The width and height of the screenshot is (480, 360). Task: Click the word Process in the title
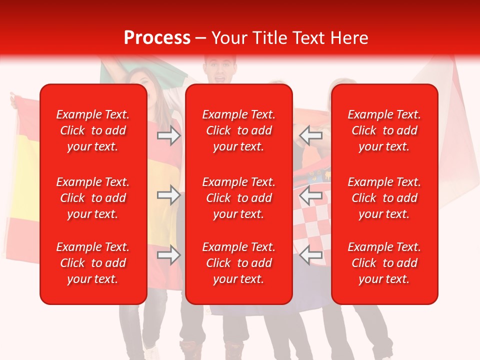coord(157,38)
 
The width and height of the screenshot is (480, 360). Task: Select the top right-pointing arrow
coord(169,135)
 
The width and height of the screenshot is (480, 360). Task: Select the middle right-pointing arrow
coord(169,195)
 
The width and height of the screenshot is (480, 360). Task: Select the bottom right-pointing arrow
coord(169,255)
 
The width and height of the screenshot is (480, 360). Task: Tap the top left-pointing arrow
coord(311,135)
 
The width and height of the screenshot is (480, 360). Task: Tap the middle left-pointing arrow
coord(311,195)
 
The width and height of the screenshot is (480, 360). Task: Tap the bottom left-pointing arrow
coord(311,255)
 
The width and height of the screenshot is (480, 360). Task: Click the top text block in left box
coord(93,130)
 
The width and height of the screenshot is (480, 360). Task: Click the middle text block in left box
coord(93,198)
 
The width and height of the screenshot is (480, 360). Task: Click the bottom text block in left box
coord(93,263)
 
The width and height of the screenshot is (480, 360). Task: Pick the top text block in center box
coord(238,130)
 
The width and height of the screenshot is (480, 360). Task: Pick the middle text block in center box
coord(238,198)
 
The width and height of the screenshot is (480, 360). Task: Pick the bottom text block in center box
coord(238,263)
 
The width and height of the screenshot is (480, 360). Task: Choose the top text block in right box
coord(384,130)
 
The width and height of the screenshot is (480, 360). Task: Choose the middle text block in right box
coord(384,198)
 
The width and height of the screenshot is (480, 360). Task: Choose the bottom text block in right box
coord(384,263)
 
